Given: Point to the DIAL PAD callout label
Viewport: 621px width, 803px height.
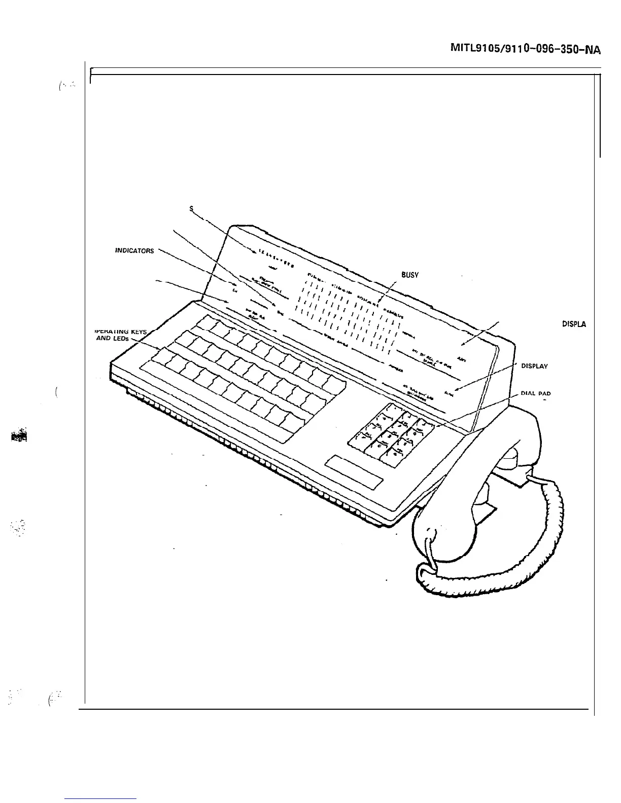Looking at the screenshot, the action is [535, 393].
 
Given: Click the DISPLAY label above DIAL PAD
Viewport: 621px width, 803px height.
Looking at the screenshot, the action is [534, 366].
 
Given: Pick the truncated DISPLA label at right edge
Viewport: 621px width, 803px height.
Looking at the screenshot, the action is [574, 324].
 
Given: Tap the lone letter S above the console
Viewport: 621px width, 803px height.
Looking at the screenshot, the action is [191, 208].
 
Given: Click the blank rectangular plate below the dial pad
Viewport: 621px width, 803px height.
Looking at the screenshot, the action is [356, 471].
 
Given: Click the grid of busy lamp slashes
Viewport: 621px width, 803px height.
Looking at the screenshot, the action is [350, 317].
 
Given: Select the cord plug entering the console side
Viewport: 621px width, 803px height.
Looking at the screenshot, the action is [533, 477].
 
